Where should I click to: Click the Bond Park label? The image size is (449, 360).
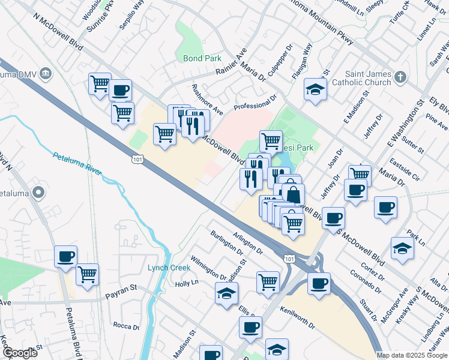pyautogui.click(x=197, y=59)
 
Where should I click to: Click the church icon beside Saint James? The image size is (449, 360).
pyautogui.click(x=401, y=77)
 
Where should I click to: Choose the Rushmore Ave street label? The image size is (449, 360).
pyautogui.click(x=207, y=99)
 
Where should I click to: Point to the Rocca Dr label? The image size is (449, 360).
pyautogui.click(x=126, y=327)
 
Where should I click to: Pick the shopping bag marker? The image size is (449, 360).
pyautogui.click(x=294, y=194)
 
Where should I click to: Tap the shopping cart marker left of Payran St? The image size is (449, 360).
pyautogui.click(x=88, y=274)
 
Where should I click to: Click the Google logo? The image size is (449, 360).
pyautogui.click(x=20, y=353)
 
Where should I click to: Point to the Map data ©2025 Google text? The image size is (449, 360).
pyautogui.click(x=411, y=355)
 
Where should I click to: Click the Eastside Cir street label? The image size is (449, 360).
pyautogui.click(x=405, y=167)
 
